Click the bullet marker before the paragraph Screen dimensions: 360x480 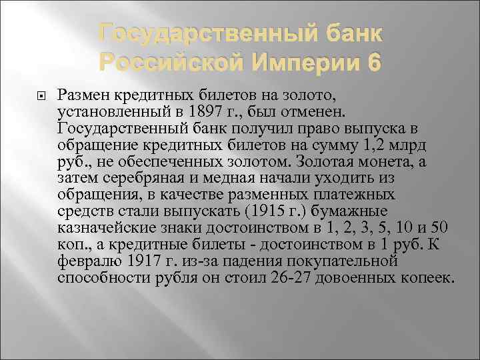(39, 93)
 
